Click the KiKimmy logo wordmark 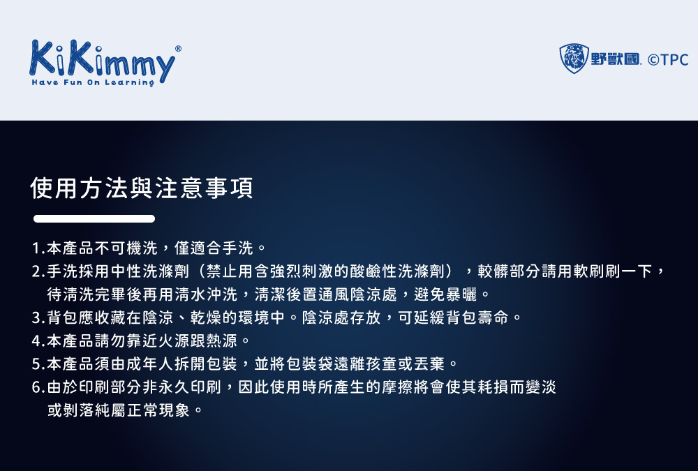103,60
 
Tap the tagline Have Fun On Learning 93,83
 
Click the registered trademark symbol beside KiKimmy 178,49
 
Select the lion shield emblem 574,59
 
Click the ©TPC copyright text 668,59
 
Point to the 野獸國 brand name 615,59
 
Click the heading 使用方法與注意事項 142,188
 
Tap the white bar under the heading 94,218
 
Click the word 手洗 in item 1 238,248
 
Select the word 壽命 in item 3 493,317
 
